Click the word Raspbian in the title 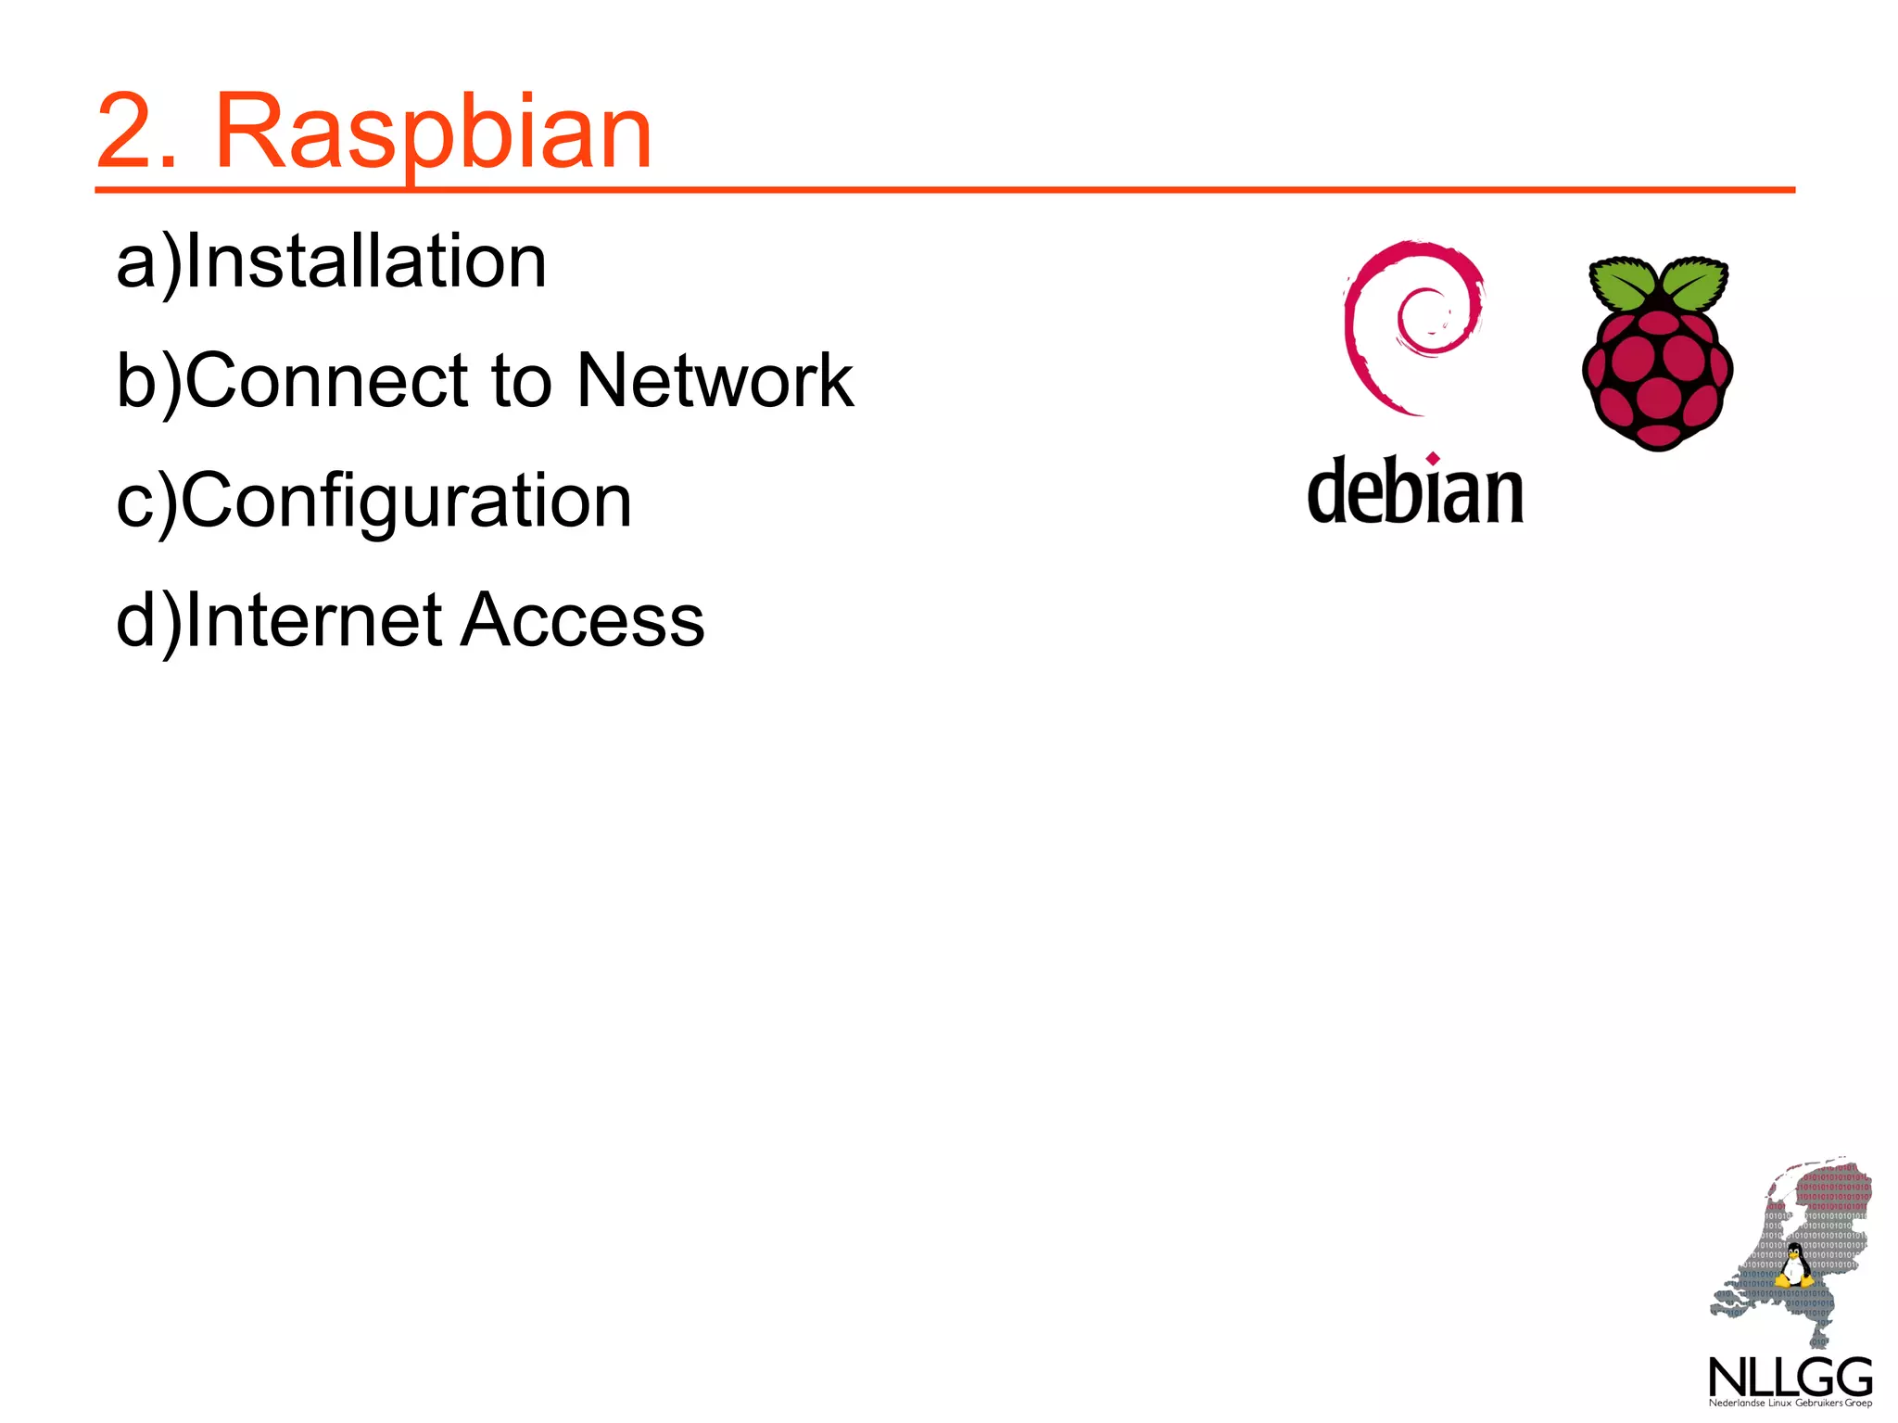click(x=433, y=133)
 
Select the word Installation click(x=367, y=262)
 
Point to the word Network click(x=714, y=381)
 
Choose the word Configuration click(x=406, y=502)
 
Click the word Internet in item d click(x=314, y=620)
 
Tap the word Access click(x=583, y=620)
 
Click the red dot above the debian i click(x=1433, y=458)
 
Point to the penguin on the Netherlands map click(x=1794, y=1266)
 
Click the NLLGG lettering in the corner click(x=1790, y=1378)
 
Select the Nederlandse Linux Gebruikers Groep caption click(x=1790, y=1404)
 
